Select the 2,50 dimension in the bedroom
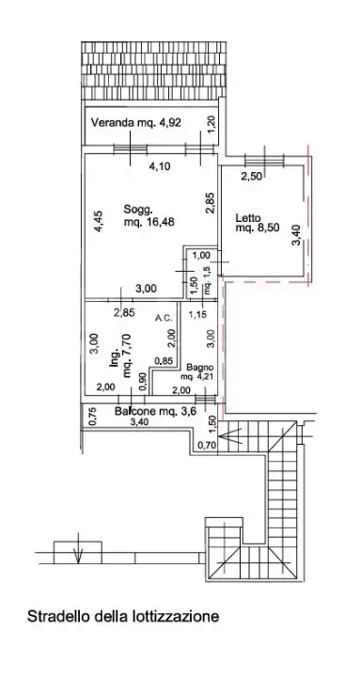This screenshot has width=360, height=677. point(252,176)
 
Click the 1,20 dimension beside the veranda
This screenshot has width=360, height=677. point(211,122)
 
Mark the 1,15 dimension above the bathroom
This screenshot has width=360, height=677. point(197,314)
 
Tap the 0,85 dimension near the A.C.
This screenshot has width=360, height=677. point(162,359)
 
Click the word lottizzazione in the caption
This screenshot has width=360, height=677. point(175,618)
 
